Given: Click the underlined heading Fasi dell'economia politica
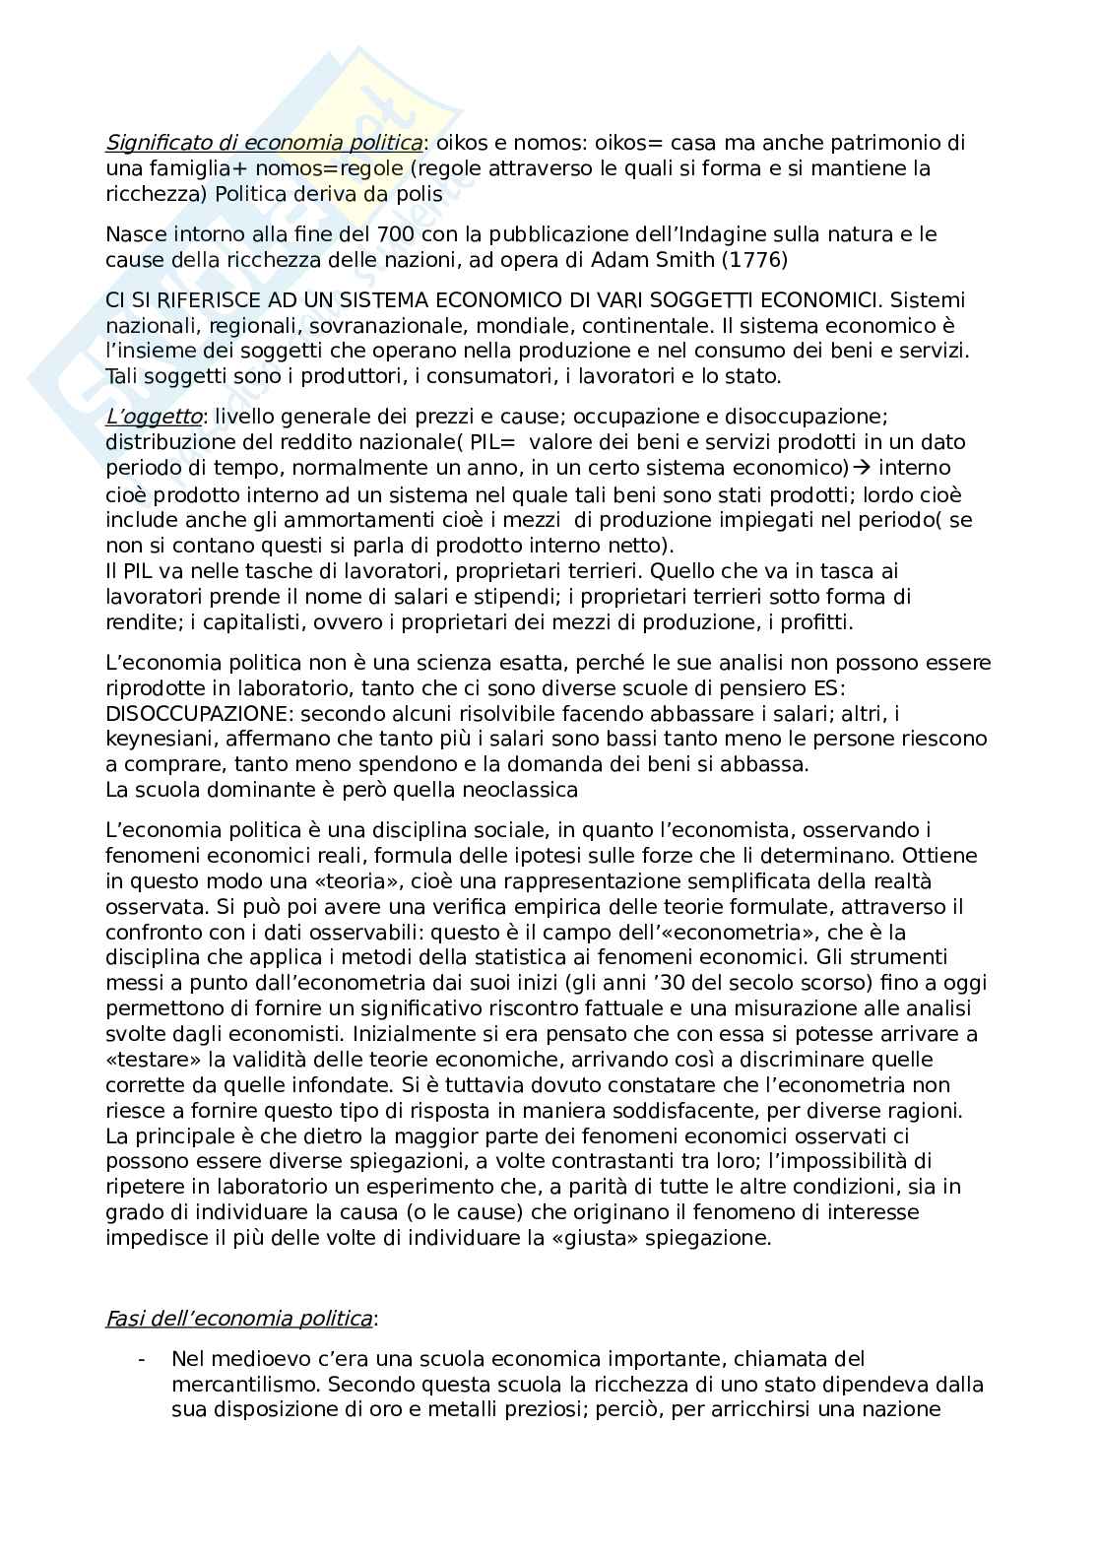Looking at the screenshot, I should (239, 1319).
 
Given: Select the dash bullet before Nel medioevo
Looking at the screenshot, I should (144, 1360).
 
